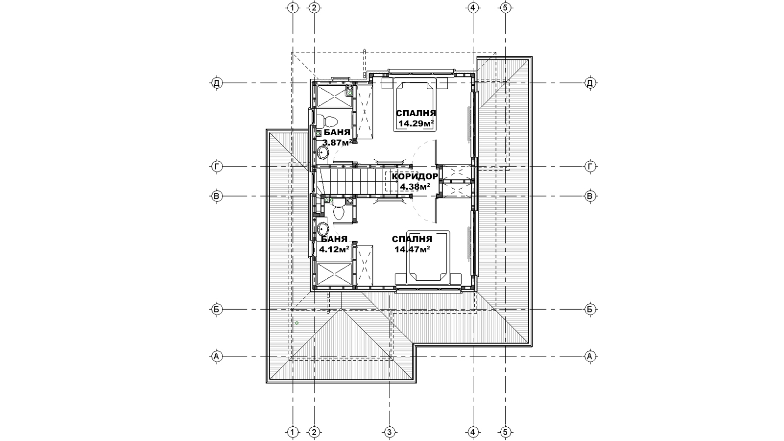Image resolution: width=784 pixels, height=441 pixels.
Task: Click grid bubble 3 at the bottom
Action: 389,432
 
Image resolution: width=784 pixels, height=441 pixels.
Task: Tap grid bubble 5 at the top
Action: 505,8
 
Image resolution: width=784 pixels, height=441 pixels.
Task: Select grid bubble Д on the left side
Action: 217,83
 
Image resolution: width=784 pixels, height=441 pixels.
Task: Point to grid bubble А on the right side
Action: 590,357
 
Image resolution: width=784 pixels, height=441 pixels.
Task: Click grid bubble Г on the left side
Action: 217,167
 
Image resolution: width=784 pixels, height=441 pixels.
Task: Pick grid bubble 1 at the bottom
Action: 293,432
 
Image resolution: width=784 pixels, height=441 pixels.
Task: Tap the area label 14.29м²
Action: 416,123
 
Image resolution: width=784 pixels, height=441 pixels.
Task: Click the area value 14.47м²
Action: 412,249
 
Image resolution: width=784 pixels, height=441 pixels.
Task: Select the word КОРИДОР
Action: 415,176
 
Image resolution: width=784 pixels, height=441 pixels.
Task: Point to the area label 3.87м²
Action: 338,143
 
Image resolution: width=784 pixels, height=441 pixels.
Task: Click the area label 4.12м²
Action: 334,249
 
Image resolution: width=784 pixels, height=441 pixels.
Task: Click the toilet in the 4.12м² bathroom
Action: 339,211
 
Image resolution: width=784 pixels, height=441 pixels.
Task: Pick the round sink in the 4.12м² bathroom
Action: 322,229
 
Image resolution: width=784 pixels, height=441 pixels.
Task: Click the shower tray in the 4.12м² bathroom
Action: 334,274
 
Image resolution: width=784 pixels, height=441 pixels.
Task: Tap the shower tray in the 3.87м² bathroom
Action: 334,95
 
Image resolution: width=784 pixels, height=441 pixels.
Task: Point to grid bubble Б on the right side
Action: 590,309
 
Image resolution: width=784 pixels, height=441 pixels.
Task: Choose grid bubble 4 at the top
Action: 473,8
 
